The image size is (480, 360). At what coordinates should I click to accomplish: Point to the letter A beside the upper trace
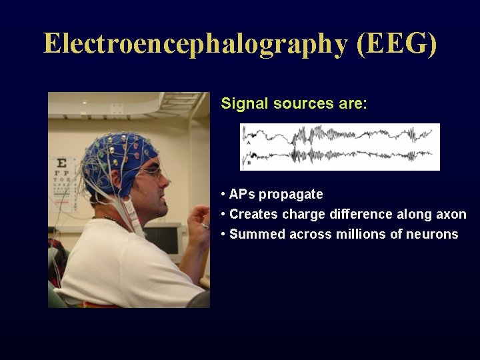pyautogui.click(x=248, y=142)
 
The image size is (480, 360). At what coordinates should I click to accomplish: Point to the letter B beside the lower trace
pyautogui.click(x=248, y=161)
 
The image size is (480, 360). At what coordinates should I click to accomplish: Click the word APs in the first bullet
pyautogui.click(x=242, y=195)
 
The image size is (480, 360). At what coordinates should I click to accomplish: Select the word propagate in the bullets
pyautogui.click(x=291, y=195)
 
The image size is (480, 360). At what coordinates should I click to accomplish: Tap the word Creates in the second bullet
pyautogui.click(x=253, y=215)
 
